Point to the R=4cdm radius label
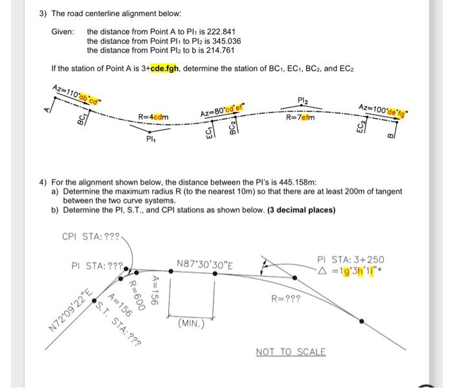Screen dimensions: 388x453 click(153, 117)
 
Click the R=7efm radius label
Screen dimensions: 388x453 click(301, 117)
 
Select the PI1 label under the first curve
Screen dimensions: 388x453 click(150, 138)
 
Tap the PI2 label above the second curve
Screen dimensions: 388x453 click(303, 101)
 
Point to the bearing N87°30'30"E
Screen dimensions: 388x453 click(205, 264)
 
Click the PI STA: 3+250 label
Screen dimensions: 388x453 click(350, 259)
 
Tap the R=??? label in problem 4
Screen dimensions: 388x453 click(285, 300)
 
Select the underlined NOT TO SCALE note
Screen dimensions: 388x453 click(291, 352)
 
